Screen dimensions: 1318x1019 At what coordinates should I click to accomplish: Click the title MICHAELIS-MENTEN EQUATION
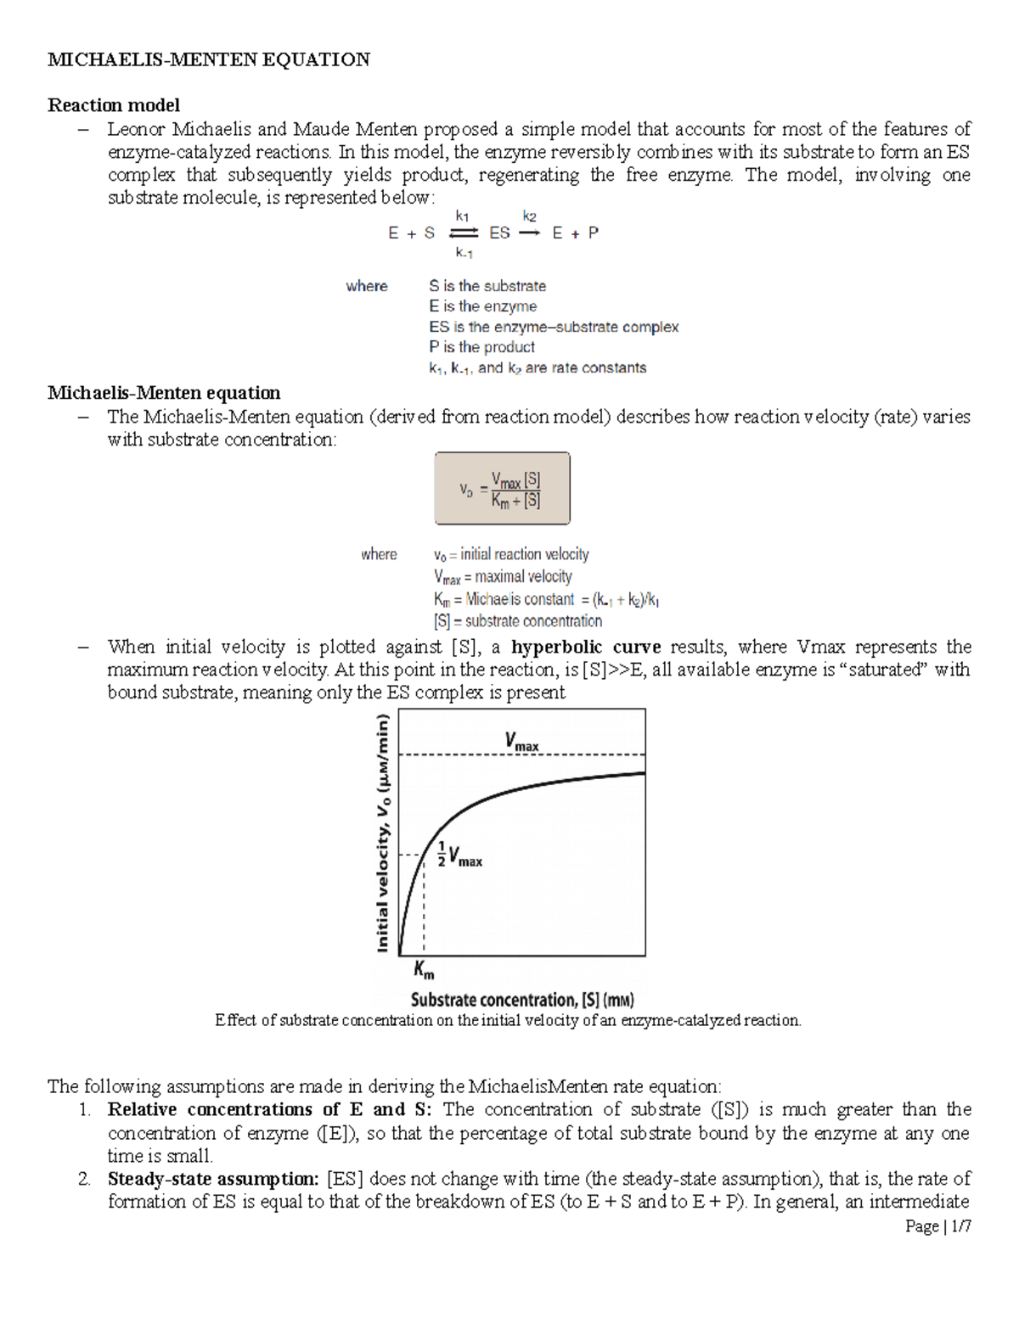[x=209, y=59]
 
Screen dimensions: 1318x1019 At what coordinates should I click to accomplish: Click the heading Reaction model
[x=114, y=105]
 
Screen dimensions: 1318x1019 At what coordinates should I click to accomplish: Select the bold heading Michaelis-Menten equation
[x=164, y=393]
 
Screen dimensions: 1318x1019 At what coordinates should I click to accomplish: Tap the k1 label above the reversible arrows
[x=462, y=216]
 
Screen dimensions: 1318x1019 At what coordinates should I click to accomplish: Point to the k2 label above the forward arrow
[x=529, y=216]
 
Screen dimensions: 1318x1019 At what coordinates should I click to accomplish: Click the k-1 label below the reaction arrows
[x=464, y=252]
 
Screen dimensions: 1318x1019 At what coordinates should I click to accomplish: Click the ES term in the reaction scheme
[x=499, y=233]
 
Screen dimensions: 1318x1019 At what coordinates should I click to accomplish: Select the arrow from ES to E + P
[x=529, y=233]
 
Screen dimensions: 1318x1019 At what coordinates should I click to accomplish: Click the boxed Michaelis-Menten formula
[x=502, y=489]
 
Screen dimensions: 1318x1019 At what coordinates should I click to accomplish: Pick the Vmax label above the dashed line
[x=521, y=742]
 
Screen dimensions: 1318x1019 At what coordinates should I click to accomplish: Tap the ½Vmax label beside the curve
[x=459, y=854]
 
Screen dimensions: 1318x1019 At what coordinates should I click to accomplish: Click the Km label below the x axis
[x=424, y=969]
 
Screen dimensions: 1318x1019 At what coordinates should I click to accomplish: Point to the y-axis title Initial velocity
[x=384, y=833]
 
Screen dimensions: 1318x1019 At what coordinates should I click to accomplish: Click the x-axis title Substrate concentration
[x=522, y=1000]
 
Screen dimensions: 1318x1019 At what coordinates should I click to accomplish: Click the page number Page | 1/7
[x=937, y=1226]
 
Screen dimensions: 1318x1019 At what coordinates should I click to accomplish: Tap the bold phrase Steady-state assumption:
[x=213, y=1179]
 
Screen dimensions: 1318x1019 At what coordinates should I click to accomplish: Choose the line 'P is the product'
[x=481, y=347]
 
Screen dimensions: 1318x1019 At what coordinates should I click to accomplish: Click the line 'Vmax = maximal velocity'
[x=503, y=577]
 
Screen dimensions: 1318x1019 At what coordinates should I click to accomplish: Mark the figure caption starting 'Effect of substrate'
[x=508, y=1020]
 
